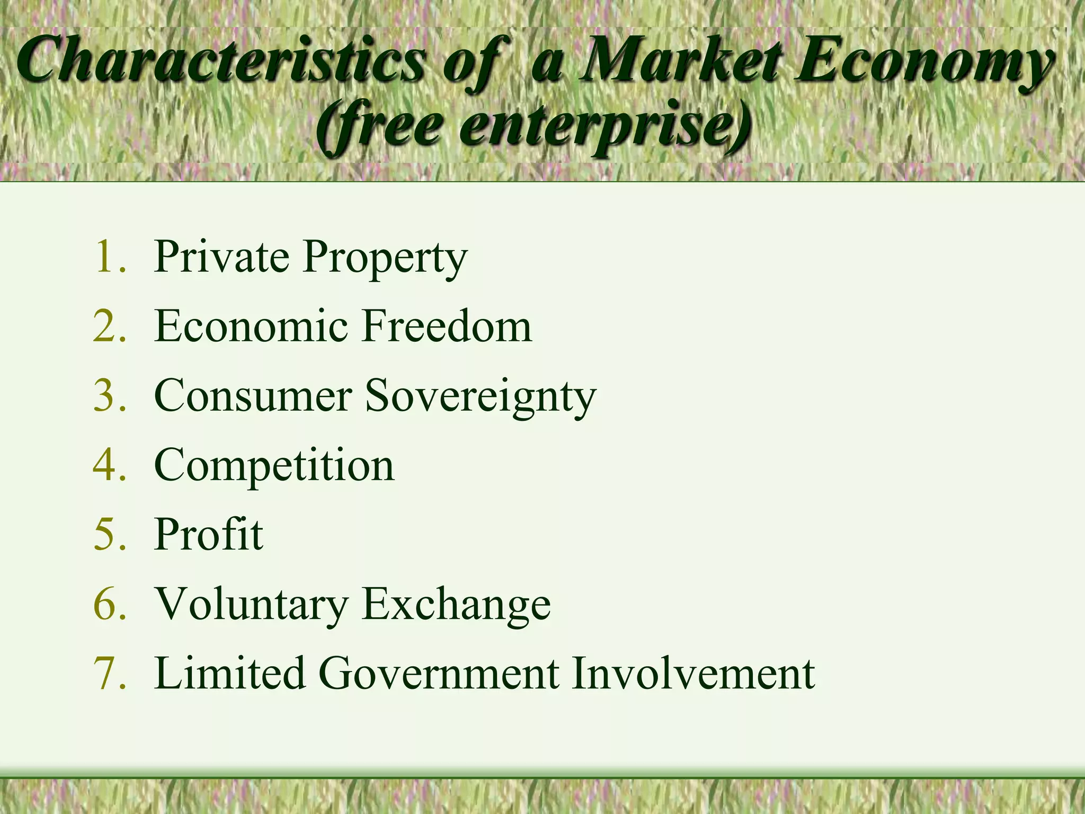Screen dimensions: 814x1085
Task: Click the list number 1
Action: point(109,257)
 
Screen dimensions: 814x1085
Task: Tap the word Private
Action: point(222,257)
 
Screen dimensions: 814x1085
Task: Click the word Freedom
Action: point(447,326)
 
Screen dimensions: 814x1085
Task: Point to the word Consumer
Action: point(253,396)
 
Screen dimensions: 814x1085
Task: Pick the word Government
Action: point(439,674)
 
